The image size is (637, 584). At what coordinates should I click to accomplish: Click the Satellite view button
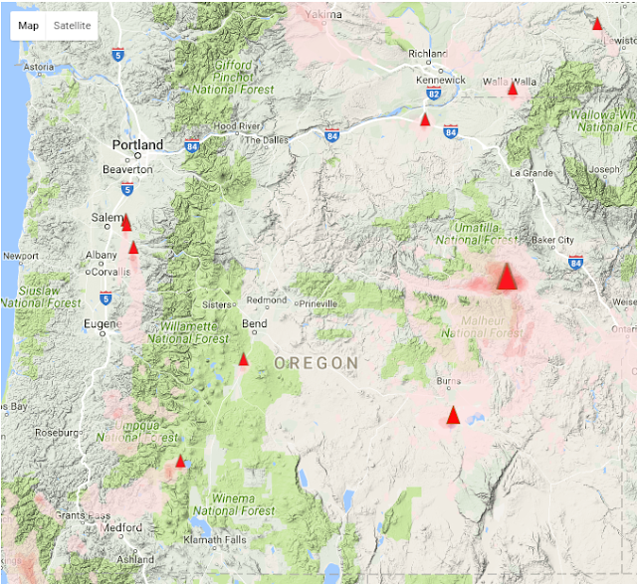[72, 25]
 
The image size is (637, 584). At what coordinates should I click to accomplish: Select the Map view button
[29, 25]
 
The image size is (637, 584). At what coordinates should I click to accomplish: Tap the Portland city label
[137, 145]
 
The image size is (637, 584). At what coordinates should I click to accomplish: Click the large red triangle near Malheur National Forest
[507, 277]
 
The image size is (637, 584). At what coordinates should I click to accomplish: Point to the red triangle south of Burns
[453, 415]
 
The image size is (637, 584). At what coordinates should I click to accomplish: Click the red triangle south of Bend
[243, 359]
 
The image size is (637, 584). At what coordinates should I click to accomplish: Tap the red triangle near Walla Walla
[513, 89]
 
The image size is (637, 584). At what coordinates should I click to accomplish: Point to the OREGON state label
[316, 364]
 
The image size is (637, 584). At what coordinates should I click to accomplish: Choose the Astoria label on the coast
[38, 68]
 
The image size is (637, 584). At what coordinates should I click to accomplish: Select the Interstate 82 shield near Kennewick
[433, 94]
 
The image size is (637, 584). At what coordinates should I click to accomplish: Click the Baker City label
[552, 240]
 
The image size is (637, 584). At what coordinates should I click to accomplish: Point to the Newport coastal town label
[22, 256]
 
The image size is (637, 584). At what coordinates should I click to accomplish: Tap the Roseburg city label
[58, 433]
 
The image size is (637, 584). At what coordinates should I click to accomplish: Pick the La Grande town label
[529, 173]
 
